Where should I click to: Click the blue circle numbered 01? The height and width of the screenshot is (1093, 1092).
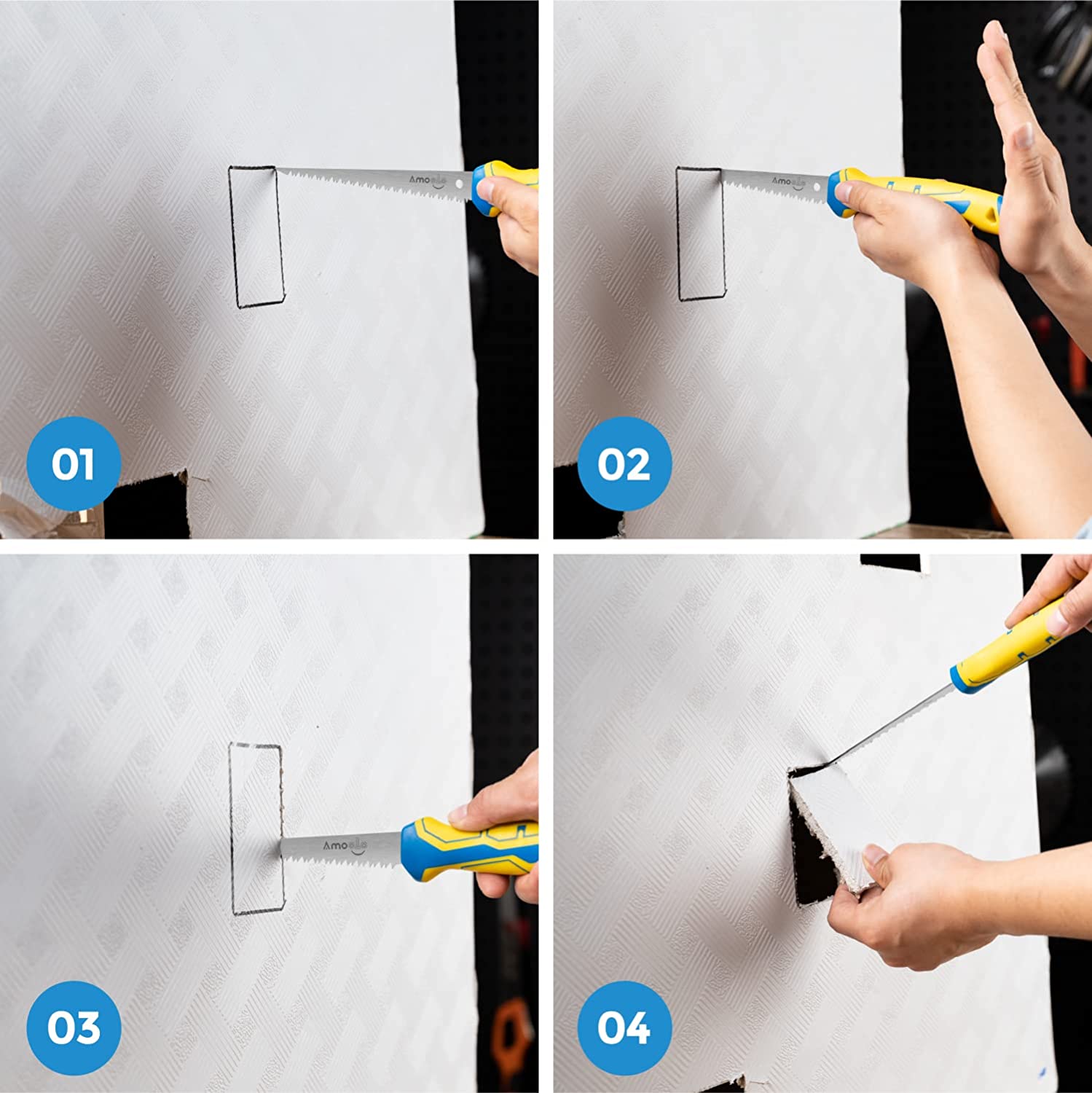(73, 463)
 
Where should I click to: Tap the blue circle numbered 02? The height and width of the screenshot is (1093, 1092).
(624, 463)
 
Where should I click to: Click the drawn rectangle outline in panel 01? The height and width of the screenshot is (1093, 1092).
(256, 236)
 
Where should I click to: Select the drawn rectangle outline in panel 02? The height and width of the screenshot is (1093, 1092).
(701, 233)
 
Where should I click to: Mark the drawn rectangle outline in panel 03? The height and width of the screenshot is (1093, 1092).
(256, 828)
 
